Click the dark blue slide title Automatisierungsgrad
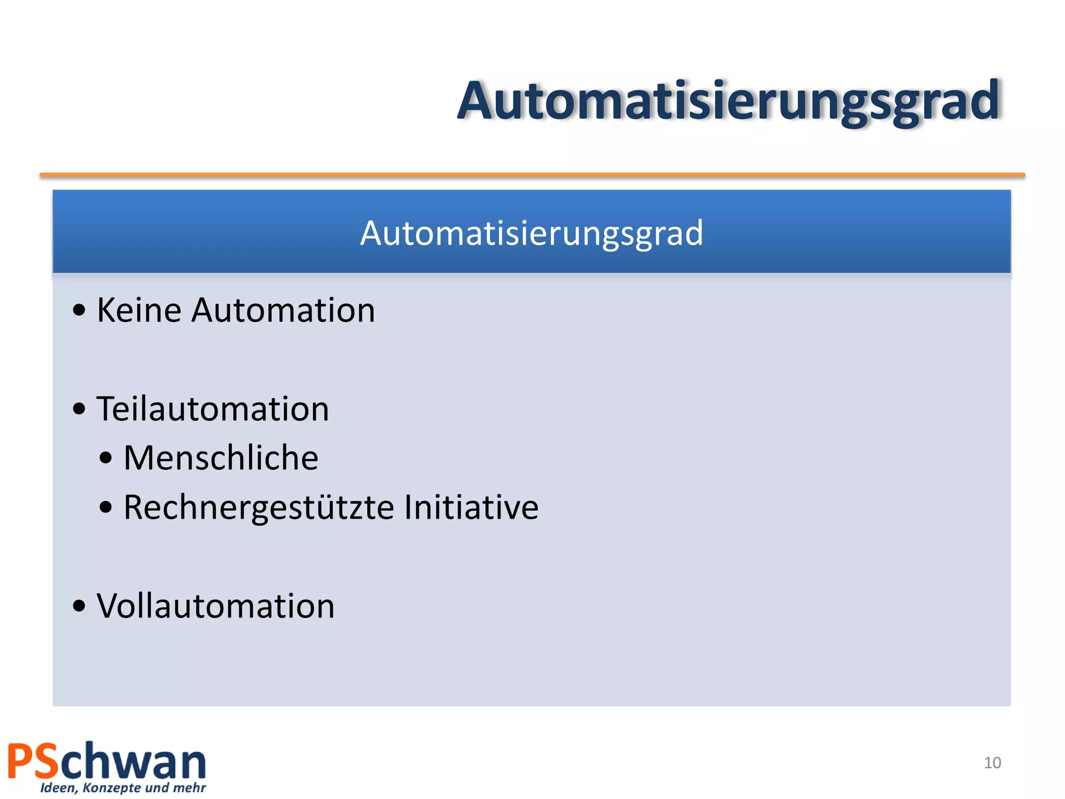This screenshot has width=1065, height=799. tap(728, 101)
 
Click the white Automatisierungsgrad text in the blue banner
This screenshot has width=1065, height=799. tap(531, 233)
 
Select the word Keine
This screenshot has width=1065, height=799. tap(139, 311)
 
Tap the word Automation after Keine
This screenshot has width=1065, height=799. tap(283, 311)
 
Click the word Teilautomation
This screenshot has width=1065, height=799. tap(213, 409)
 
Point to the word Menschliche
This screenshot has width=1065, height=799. tap(221, 458)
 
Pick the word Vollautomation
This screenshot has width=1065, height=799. tap(216, 607)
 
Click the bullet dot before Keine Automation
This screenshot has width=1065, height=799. tap(79, 311)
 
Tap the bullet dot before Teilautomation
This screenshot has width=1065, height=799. tap(79, 409)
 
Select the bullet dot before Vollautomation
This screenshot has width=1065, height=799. tap(79, 606)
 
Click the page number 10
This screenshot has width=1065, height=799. tap(992, 763)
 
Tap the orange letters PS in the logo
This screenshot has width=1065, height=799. tap(33, 762)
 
